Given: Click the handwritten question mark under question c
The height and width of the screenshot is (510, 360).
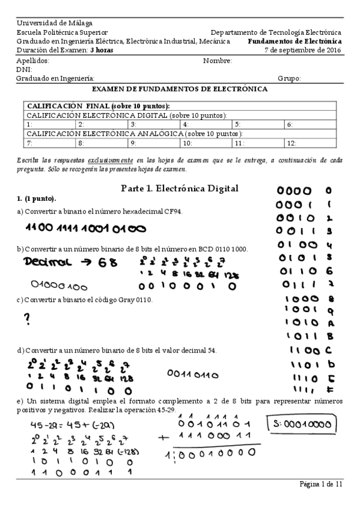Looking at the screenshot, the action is tap(27, 321).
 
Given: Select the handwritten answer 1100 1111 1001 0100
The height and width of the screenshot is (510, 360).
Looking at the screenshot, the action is tap(85, 229).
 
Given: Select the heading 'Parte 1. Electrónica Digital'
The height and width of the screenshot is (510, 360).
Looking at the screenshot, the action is tap(180, 188).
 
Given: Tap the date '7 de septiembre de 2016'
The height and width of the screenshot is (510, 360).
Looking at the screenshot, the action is tap(303, 50).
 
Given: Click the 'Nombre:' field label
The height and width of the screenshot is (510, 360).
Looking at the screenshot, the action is tap(217, 61).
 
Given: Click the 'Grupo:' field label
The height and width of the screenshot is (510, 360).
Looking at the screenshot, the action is tap(289, 78).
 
